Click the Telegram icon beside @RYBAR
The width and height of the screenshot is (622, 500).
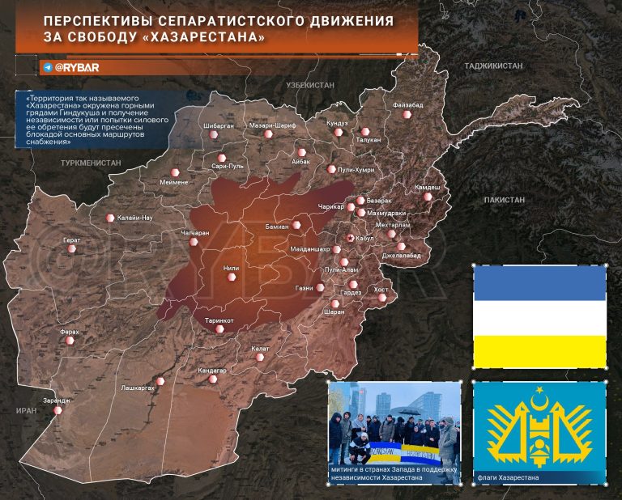(x=47, y=68)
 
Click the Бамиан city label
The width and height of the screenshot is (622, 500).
(x=277, y=227)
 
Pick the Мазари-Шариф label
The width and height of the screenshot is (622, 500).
(x=273, y=127)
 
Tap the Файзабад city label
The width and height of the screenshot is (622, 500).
(x=407, y=105)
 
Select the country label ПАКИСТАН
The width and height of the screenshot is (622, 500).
(x=505, y=199)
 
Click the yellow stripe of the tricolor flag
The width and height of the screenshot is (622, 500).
(x=539, y=350)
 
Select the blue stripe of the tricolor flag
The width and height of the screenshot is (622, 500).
(x=539, y=283)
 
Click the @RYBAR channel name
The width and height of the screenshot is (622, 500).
(x=77, y=68)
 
